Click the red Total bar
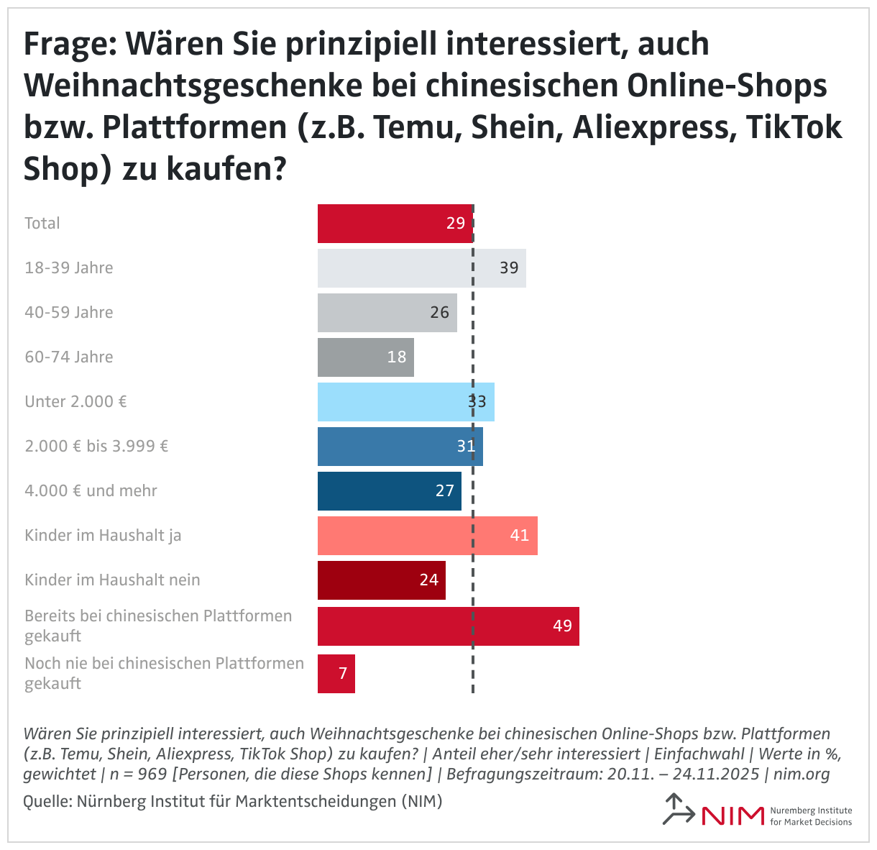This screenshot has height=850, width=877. click(x=394, y=224)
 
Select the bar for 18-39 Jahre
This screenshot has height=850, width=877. click(x=421, y=268)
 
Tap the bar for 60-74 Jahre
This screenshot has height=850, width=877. click(x=365, y=357)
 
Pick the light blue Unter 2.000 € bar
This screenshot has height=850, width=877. click(x=405, y=402)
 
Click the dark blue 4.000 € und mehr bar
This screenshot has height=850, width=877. click(x=389, y=491)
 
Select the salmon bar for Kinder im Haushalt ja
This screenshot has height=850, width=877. click(x=427, y=536)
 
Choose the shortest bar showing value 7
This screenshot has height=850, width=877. click(x=336, y=674)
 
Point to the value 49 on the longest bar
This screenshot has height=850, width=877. click(x=562, y=626)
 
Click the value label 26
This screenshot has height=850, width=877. click(x=439, y=313)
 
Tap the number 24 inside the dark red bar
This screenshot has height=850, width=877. click(x=428, y=580)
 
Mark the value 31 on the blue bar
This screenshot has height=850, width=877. click(x=466, y=447)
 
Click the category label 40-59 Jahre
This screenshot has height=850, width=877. click(x=69, y=313)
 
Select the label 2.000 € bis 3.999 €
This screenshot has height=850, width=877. click(x=96, y=447)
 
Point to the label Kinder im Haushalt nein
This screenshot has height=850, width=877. click(x=112, y=580)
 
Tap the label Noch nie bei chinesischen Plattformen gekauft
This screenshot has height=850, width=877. click(x=164, y=673)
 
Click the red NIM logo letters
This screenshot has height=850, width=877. click(x=732, y=815)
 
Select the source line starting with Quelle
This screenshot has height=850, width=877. click(x=232, y=801)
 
